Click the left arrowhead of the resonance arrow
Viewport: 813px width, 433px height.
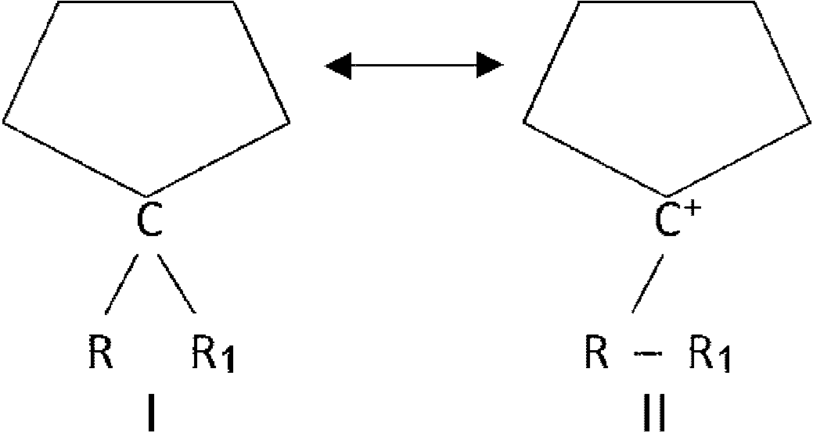pyautogui.click(x=338, y=65)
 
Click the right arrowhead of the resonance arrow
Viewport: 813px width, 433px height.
pyautogui.click(x=490, y=65)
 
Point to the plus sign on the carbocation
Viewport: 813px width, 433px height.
pyautogui.click(x=695, y=209)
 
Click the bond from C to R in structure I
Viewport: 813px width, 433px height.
pyautogui.click(x=122, y=284)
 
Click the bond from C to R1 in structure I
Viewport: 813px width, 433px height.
pyautogui.click(x=178, y=284)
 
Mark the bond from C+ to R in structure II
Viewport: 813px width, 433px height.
pyautogui.click(x=648, y=284)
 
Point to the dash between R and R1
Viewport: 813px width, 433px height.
pyautogui.click(x=646, y=354)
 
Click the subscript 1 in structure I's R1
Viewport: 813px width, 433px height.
pyautogui.click(x=228, y=361)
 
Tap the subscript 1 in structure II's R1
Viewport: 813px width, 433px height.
pyautogui.click(x=724, y=361)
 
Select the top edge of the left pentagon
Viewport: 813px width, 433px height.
pyautogui.click(x=146, y=2)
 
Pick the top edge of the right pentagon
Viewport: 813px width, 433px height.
pyautogui.click(x=666, y=2)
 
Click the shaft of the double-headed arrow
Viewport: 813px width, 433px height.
pyautogui.click(x=414, y=65)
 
